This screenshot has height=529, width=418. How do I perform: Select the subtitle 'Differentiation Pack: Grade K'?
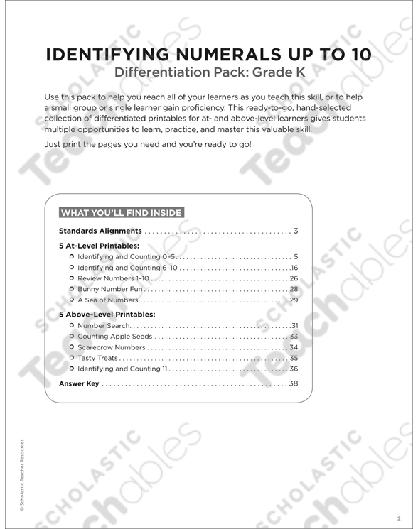[x=209, y=72]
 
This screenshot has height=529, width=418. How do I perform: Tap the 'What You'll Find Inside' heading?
[x=121, y=212]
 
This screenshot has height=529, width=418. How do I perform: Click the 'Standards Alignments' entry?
[x=100, y=231]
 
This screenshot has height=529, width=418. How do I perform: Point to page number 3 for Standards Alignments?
[x=295, y=231]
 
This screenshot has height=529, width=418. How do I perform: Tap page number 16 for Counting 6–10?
[x=293, y=268]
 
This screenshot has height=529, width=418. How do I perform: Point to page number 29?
[x=293, y=302]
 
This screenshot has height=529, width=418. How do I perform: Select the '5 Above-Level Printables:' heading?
[x=107, y=314]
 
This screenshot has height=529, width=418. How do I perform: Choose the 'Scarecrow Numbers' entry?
[x=112, y=348]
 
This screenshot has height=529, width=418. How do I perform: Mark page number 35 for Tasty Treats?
[x=293, y=359]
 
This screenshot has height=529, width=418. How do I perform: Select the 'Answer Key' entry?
[x=79, y=384]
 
